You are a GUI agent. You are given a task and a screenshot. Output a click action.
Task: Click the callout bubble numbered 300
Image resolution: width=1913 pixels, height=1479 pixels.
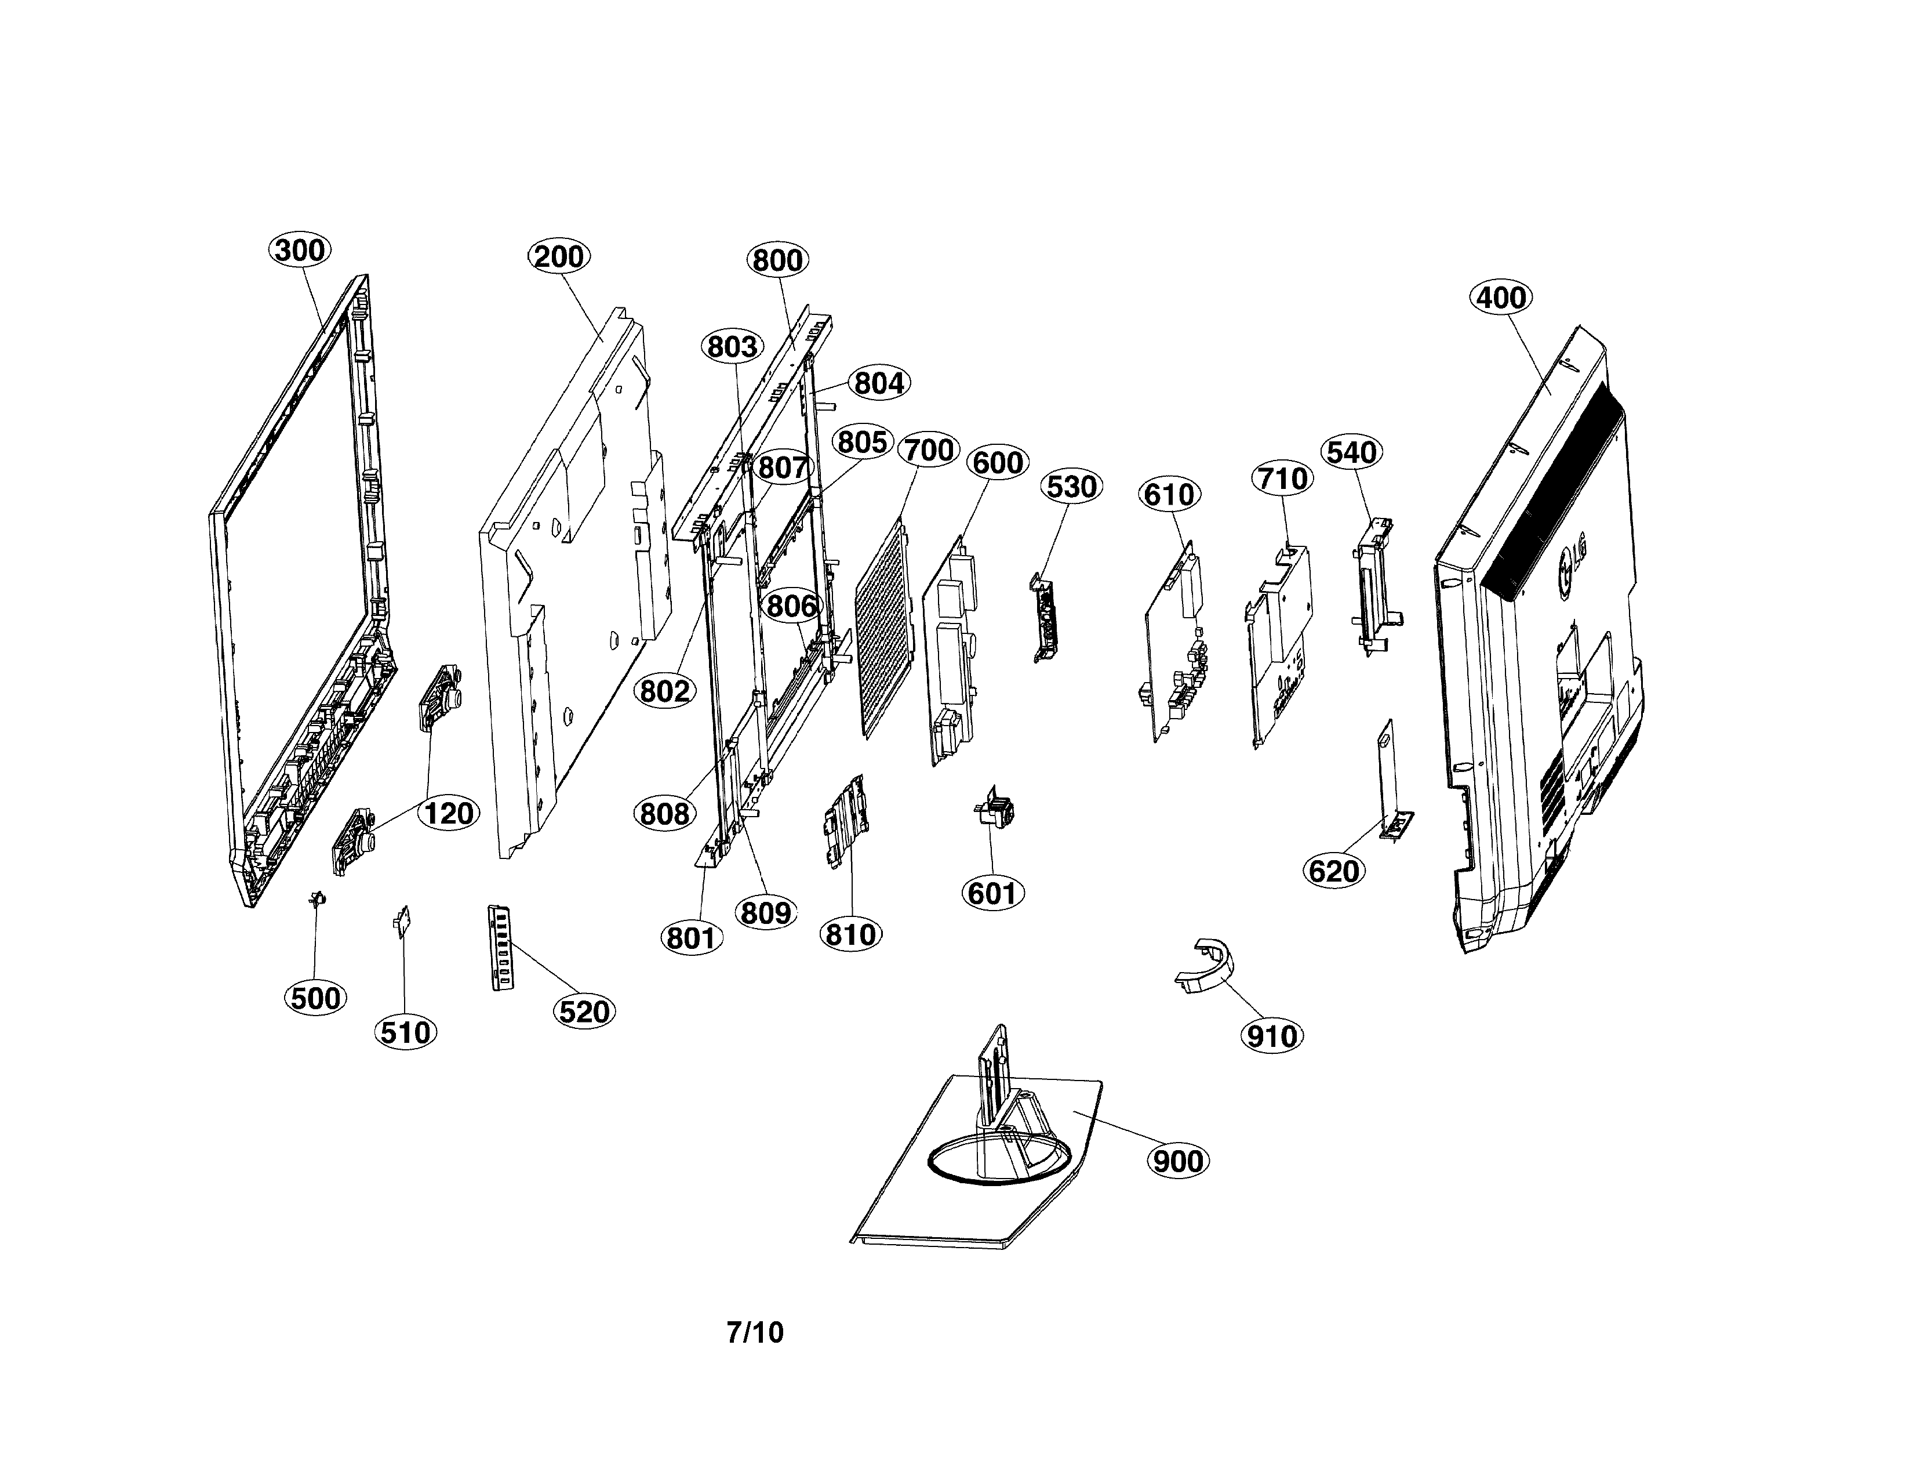[x=300, y=251]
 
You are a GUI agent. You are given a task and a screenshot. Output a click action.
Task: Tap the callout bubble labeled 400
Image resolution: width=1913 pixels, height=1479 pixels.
[x=1501, y=298]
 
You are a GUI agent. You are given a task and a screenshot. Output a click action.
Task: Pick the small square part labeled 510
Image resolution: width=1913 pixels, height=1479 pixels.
[x=403, y=922]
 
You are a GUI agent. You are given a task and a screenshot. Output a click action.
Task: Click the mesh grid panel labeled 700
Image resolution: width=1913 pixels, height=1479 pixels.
[x=885, y=626]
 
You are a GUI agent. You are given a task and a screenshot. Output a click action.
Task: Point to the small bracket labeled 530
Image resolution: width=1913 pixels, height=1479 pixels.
[x=1049, y=618]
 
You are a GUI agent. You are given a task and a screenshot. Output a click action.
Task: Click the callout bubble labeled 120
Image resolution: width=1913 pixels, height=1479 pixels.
[x=449, y=813]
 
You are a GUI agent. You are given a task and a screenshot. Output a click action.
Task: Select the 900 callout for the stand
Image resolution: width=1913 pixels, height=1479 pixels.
[x=1178, y=1162]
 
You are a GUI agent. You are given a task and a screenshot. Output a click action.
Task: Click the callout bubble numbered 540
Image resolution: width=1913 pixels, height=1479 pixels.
[x=1352, y=452]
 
